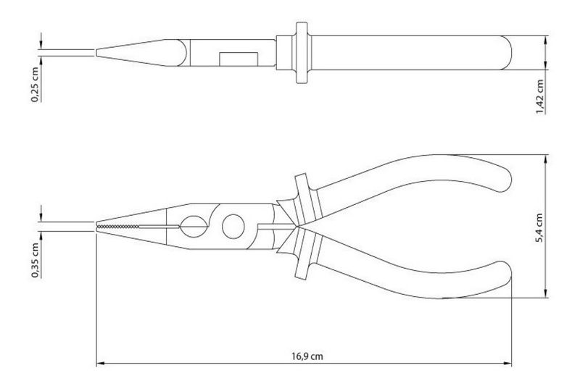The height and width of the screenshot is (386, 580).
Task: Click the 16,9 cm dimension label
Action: point(307,356)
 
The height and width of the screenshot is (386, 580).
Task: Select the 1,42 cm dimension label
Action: point(540,97)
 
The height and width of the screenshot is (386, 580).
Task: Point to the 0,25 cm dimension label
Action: point(35,84)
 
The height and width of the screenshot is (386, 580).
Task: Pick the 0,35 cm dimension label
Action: point(35,260)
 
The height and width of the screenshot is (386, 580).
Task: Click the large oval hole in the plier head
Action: point(233,226)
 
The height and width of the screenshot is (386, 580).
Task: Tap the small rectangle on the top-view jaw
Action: point(239,59)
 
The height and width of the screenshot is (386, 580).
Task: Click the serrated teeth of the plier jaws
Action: point(117,226)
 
